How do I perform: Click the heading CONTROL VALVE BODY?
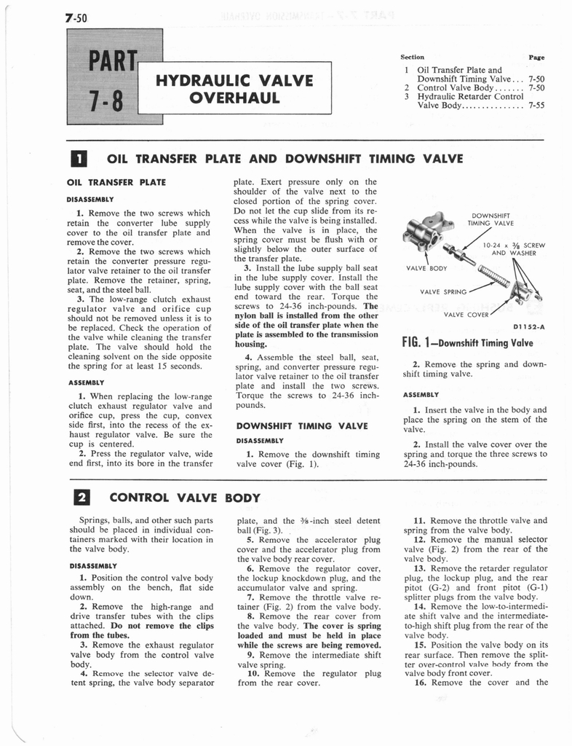pyautogui.click(x=184, y=498)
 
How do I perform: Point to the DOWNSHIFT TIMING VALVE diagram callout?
pyautogui.click(x=493, y=219)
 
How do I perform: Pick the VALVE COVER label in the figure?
pyautogui.click(x=466, y=315)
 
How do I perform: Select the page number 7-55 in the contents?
pyautogui.click(x=537, y=105)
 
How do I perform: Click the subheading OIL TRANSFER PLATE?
pyautogui.click(x=116, y=181)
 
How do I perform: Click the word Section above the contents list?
pyautogui.click(x=412, y=57)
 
